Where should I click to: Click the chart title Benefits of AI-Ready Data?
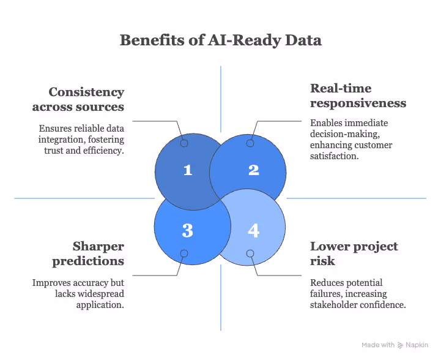coord(220,40)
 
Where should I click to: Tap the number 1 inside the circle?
coord(188,170)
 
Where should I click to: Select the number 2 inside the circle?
coord(254,170)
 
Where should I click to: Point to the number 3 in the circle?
coord(188,230)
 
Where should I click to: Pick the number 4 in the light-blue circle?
coord(254,230)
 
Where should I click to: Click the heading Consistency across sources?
coord(86,99)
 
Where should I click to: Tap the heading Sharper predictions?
coord(98,253)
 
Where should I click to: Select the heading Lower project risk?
coord(354,253)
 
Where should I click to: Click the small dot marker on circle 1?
coord(183,143)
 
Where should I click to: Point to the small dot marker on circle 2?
coord(250,143)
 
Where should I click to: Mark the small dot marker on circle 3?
coord(183,253)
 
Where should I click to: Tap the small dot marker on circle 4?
coord(250,253)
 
